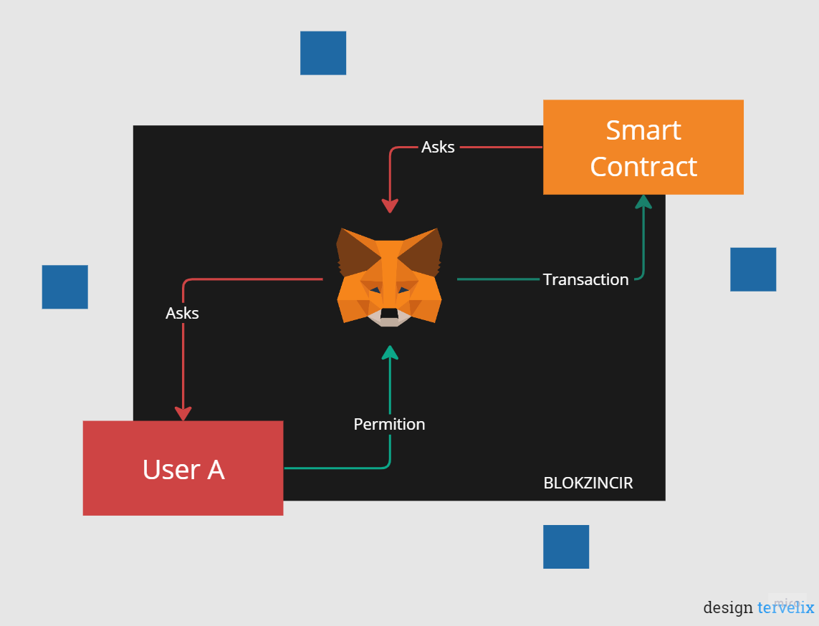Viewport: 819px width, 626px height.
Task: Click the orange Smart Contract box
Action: pyautogui.click(x=643, y=147)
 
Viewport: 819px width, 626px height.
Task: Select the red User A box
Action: pyautogui.click(x=183, y=468)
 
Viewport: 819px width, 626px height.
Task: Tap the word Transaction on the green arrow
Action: pyautogui.click(x=585, y=279)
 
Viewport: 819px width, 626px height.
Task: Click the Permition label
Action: pyautogui.click(x=389, y=424)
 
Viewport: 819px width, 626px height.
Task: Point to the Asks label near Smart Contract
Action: pyautogui.click(x=438, y=147)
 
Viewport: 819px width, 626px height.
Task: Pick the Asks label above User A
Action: pyautogui.click(x=182, y=313)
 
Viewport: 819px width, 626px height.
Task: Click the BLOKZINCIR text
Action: pyautogui.click(x=588, y=483)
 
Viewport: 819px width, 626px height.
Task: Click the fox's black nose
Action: pyautogui.click(x=389, y=313)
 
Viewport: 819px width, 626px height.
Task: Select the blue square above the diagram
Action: pyautogui.click(x=323, y=53)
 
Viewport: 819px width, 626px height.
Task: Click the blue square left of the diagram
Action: pyautogui.click(x=64, y=287)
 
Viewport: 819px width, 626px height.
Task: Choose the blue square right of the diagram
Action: pyautogui.click(x=753, y=269)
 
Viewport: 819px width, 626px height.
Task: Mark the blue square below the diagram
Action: pyautogui.click(x=566, y=546)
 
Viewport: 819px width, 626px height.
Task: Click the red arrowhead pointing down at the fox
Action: pyautogui.click(x=390, y=206)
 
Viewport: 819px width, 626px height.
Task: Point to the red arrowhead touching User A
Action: pyautogui.click(x=183, y=413)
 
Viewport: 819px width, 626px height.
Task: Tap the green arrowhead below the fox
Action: pyautogui.click(x=390, y=352)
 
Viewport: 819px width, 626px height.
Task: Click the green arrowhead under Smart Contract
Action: pyautogui.click(x=643, y=201)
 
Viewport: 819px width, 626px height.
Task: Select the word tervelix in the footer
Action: pyautogui.click(x=785, y=608)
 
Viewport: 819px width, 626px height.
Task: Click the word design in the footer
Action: pyautogui.click(x=727, y=608)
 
